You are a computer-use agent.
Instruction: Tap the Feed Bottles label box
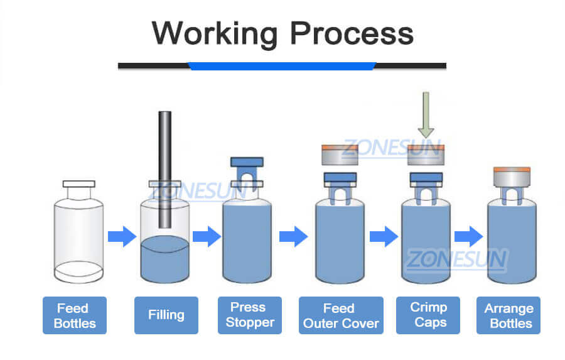point(75,315)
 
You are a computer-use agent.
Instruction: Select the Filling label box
point(166,315)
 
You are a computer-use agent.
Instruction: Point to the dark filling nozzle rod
point(164,170)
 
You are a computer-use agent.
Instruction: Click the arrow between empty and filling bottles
point(122,237)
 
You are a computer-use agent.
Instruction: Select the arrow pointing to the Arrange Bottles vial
point(468,237)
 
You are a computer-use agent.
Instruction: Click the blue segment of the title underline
point(282,65)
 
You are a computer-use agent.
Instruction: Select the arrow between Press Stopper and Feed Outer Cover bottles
point(293,237)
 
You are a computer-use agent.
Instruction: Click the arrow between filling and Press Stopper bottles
point(207,237)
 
